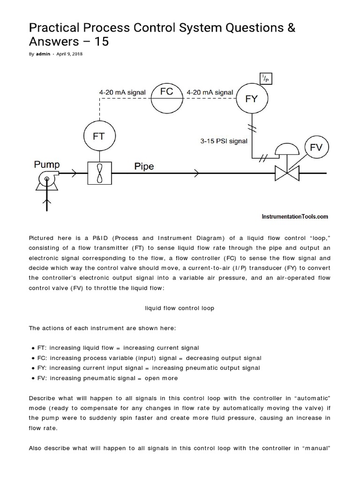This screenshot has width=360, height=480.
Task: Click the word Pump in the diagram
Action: tap(46, 165)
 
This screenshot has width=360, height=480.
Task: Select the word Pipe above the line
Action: tap(144, 166)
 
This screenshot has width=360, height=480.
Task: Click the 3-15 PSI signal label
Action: tap(223, 141)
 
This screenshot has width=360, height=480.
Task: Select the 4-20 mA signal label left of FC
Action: tap(122, 92)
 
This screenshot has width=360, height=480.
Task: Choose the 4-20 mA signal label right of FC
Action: tap(210, 92)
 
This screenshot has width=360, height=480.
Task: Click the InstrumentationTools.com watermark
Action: tap(294, 217)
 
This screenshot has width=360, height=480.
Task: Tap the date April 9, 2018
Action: tap(70, 54)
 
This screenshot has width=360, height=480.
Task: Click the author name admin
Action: tap(43, 54)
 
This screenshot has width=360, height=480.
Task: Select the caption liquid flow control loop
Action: tap(180, 308)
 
